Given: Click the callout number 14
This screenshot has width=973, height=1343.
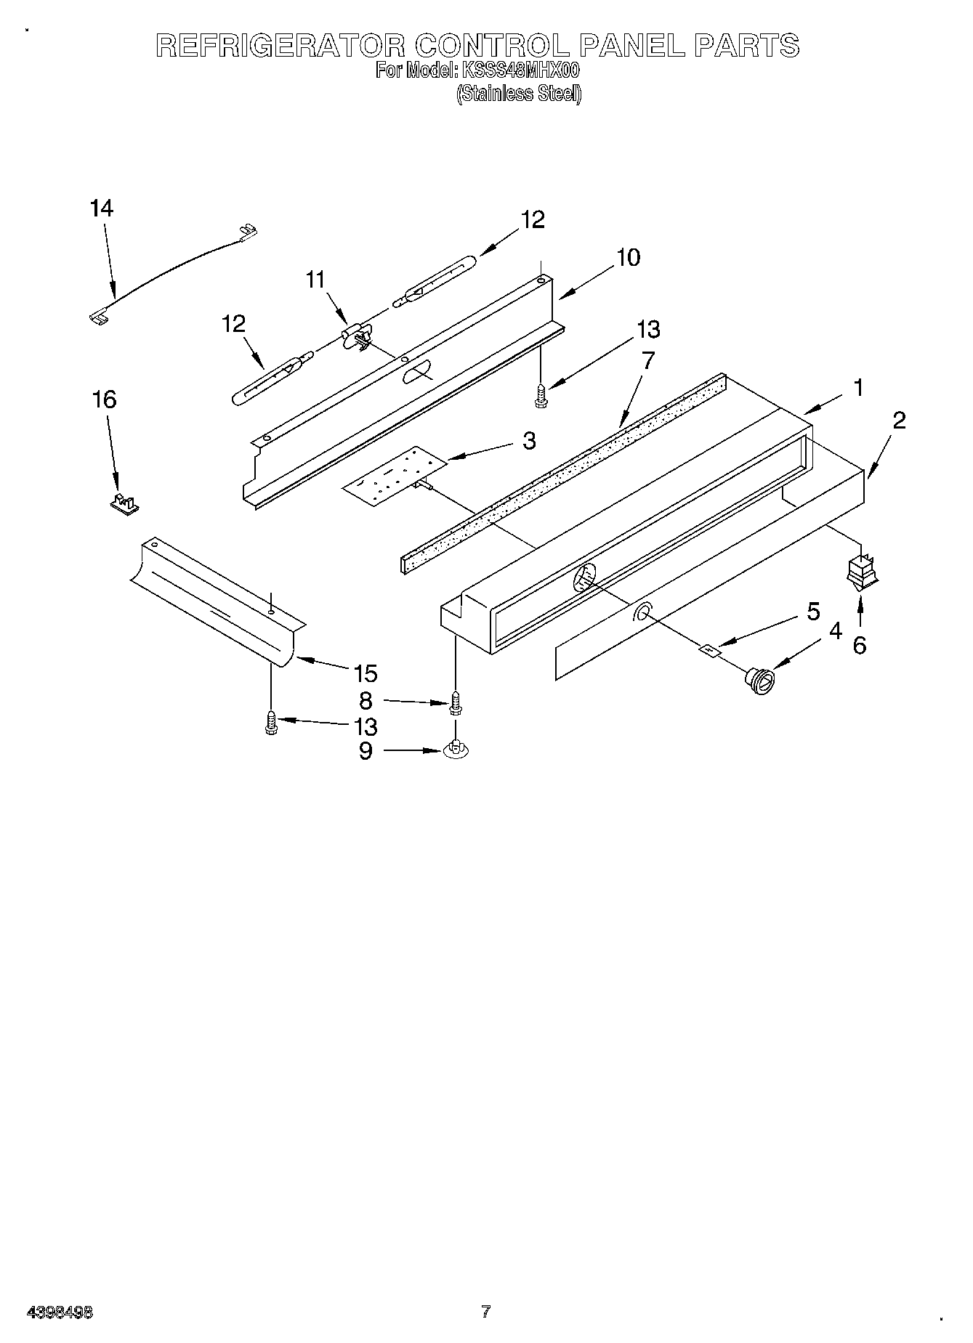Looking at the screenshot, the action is (x=102, y=209).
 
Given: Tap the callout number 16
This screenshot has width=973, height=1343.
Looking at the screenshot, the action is (x=105, y=399).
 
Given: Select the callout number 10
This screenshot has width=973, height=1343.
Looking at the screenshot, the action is (x=629, y=257).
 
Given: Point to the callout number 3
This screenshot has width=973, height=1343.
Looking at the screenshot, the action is (x=528, y=440).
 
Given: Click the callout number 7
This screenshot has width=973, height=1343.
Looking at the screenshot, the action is (x=647, y=360).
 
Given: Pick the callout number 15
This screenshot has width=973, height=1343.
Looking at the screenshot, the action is (x=366, y=674).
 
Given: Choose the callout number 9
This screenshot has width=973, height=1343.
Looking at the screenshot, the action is (x=366, y=751).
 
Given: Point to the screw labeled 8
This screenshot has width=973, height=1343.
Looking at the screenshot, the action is (x=456, y=702).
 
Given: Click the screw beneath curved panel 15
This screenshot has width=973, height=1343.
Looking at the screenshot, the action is (x=271, y=723).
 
